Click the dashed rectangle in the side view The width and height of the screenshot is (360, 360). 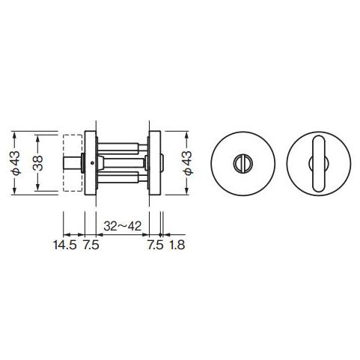(x=73, y=163)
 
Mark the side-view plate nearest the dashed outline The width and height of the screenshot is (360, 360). (x=91, y=163)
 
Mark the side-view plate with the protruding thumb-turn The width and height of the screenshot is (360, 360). (x=156, y=163)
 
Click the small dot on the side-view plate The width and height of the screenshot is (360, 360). (x=91, y=164)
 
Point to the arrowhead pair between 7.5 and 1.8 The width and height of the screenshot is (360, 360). (x=162, y=229)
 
